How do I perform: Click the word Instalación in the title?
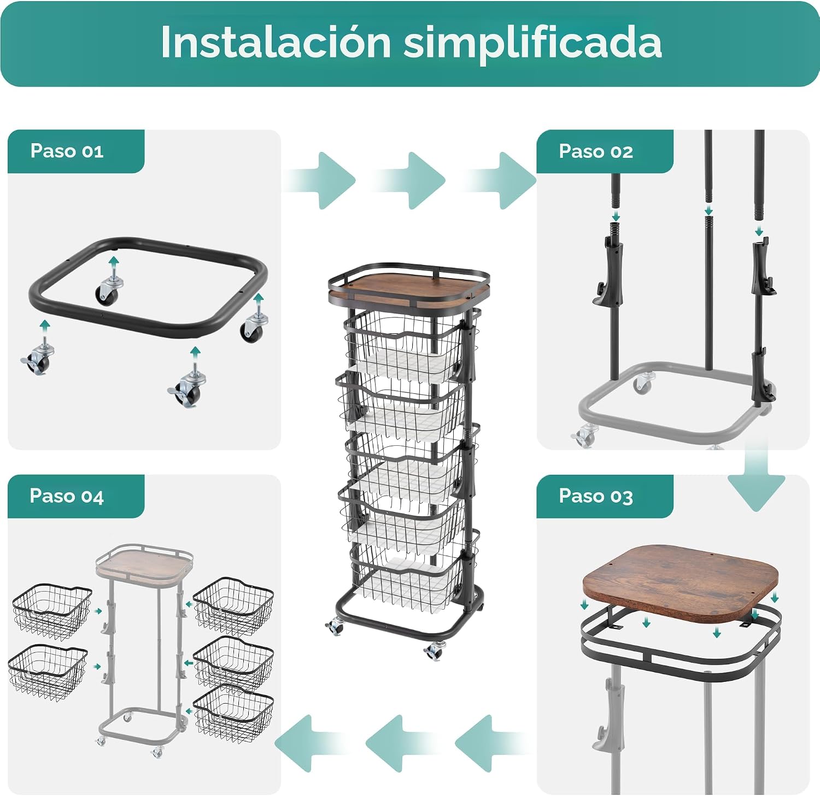pyautogui.click(x=276, y=42)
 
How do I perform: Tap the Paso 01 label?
pyautogui.click(x=67, y=151)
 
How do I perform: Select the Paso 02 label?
pyautogui.click(x=596, y=151)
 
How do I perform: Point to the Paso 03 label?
pyautogui.click(x=596, y=496)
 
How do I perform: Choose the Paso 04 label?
pyautogui.click(x=67, y=496)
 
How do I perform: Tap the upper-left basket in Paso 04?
pyautogui.click(x=52, y=611)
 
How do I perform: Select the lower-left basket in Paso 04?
pyautogui.click(x=48, y=672)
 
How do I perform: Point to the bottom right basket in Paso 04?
pyautogui.click(x=234, y=713)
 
